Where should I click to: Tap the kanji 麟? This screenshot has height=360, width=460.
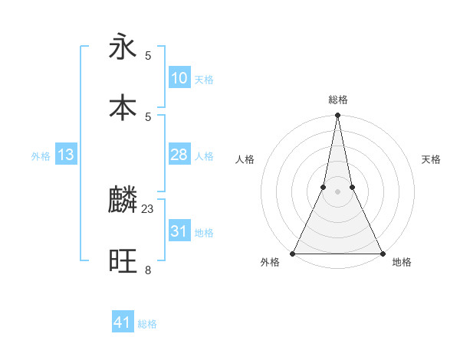(123, 201)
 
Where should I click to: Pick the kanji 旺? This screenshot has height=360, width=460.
(123, 261)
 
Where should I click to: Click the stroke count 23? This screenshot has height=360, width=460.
(148, 208)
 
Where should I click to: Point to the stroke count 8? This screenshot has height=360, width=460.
(148, 270)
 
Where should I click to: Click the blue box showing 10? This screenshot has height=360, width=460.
(179, 77)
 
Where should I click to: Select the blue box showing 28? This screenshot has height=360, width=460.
(179, 155)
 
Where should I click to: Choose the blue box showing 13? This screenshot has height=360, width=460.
(65, 155)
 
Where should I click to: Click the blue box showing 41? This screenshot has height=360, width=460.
(123, 322)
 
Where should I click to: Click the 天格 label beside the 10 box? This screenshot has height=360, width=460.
(204, 79)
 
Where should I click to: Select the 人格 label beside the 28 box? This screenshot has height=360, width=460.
(204, 156)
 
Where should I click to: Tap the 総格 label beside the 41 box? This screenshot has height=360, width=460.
(147, 324)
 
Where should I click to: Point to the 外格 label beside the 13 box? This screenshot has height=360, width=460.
(41, 156)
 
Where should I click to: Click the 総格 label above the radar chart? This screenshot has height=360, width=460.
(337, 100)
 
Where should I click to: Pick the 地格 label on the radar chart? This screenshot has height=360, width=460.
(402, 263)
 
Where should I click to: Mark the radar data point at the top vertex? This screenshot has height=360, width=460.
(337, 116)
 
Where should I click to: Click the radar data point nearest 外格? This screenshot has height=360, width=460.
(293, 253)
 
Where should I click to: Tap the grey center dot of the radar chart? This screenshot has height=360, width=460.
(337, 191)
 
